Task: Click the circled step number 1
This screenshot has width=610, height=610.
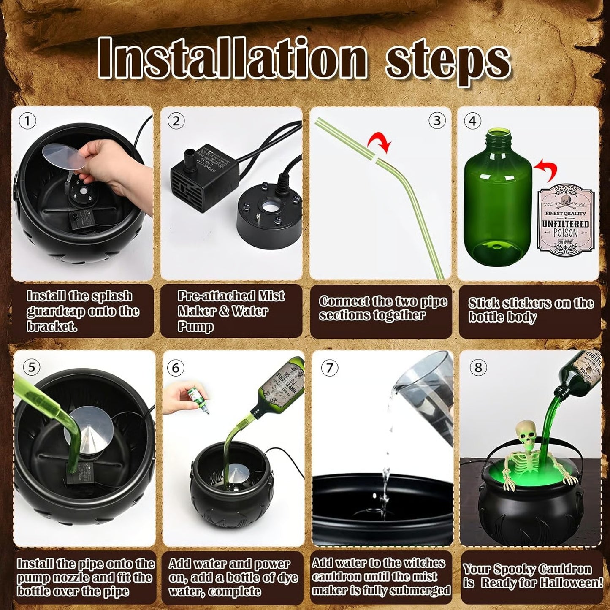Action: tap(27, 122)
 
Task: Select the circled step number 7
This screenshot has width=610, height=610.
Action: tap(329, 368)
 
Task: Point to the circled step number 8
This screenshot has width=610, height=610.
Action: tap(478, 368)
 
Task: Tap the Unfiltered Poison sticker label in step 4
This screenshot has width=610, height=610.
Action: tap(565, 220)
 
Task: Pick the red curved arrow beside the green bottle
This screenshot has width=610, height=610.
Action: tap(545, 171)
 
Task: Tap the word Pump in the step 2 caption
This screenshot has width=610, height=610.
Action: tap(195, 326)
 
